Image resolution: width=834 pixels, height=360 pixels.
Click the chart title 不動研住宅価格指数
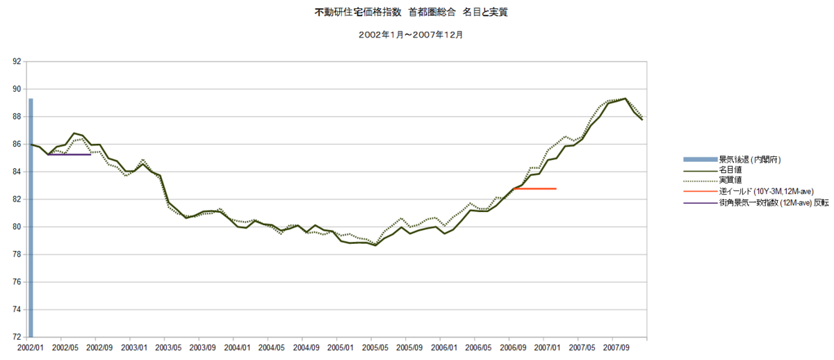[358, 13]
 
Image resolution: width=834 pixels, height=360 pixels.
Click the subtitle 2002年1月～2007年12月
[411, 35]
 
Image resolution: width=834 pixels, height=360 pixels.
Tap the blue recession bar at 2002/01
[31, 218]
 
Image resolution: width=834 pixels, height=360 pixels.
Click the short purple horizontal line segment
[69, 154]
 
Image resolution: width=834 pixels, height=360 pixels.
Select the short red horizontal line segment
[534, 189]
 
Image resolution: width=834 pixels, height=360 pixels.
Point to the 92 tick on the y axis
[17, 61]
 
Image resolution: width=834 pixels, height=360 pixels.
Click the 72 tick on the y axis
[17, 337]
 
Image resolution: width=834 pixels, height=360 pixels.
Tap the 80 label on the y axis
[17, 227]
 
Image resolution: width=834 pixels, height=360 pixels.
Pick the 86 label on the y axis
[17, 144]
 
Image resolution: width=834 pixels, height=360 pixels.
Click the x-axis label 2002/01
[31, 347]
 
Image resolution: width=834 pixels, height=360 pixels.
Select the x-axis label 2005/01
[341, 347]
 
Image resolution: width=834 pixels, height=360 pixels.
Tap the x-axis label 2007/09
[616, 347]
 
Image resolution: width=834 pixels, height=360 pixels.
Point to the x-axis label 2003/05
[168, 347]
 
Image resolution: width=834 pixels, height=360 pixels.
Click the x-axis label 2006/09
[513, 347]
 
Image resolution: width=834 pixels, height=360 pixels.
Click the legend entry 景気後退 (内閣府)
[732, 160]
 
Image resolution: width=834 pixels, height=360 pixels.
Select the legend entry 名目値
[712, 170]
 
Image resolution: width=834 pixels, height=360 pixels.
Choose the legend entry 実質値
[712, 181]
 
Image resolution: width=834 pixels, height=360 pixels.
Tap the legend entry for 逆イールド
[749, 191]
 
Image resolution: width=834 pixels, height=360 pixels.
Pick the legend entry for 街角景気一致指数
[756, 203]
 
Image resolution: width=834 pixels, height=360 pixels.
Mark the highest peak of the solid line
[625, 99]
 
